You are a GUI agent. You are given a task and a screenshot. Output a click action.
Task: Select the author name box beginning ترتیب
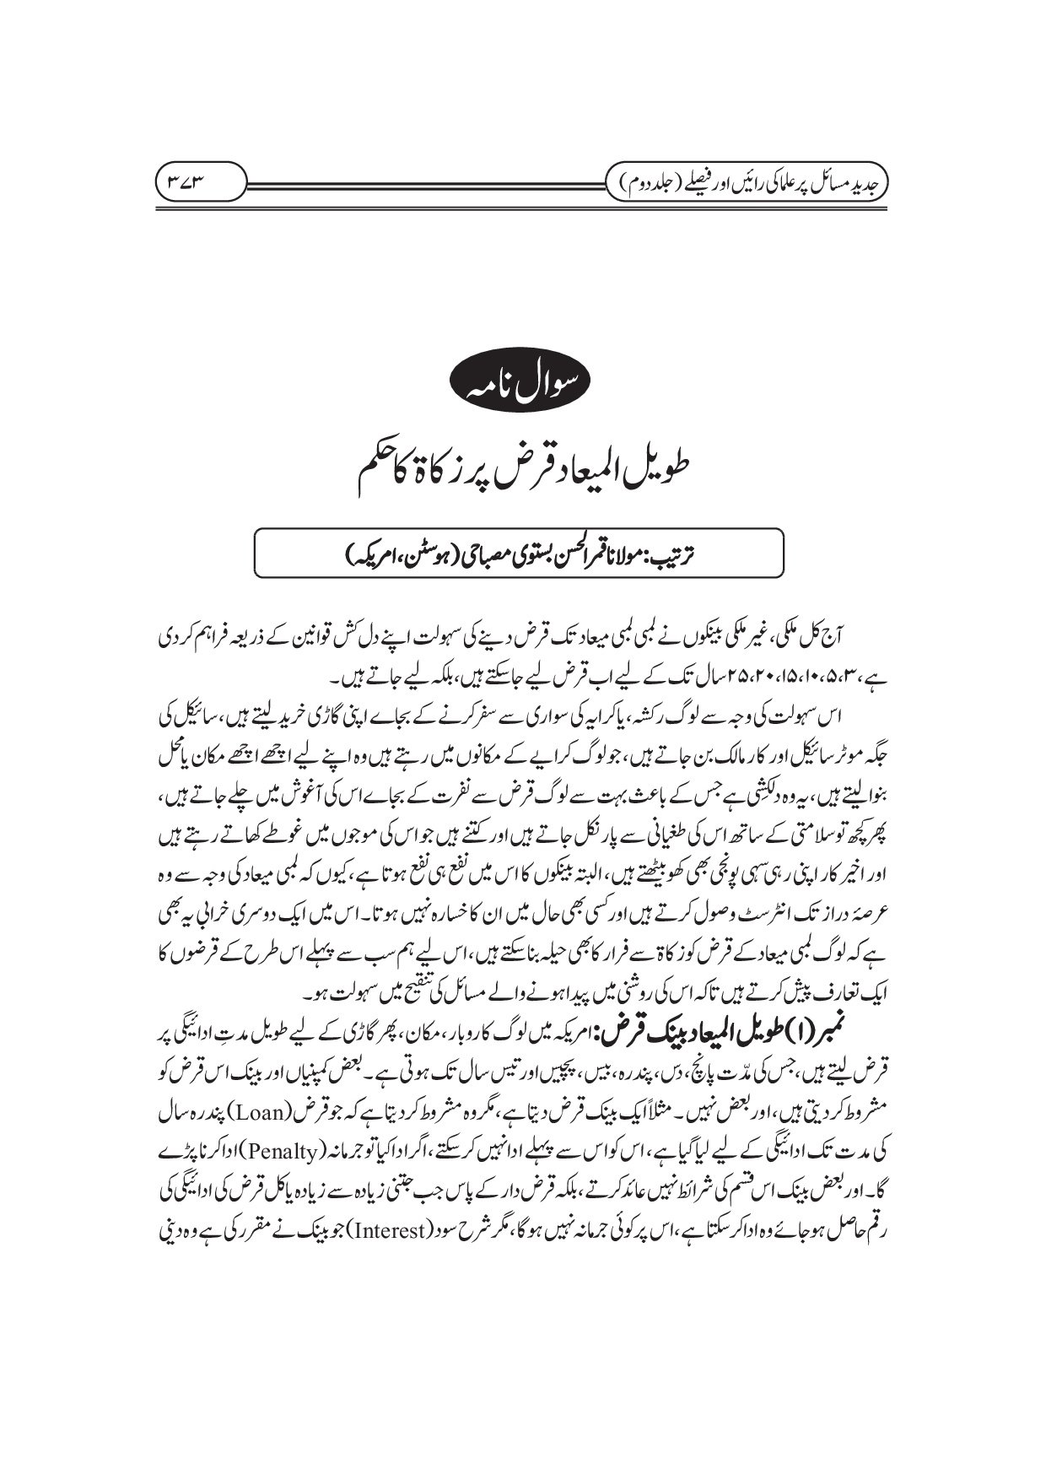pos(523,550)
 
